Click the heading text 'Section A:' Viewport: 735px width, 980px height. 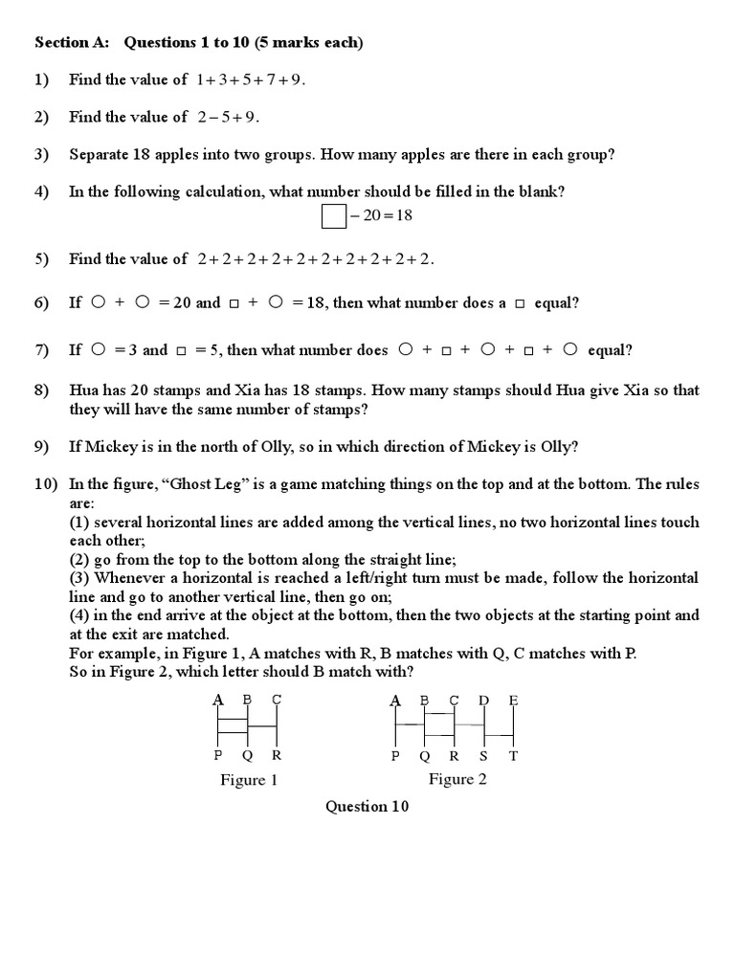pyautogui.click(x=73, y=42)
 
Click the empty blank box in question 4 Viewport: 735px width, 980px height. pyautogui.click(x=333, y=217)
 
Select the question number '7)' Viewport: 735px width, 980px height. pyautogui.click(x=42, y=350)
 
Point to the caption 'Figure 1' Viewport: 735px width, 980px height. pyautogui.click(x=249, y=780)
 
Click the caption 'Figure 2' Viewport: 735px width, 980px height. pyautogui.click(x=457, y=779)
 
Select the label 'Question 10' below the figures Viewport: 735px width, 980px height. pyautogui.click(x=367, y=807)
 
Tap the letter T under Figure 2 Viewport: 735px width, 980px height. pyautogui.click(x=513, y=755)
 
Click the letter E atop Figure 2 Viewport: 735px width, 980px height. pyautogui.click(x=513, y=701)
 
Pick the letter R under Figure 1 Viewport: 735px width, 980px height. pyautogui.click(x=278, y=755)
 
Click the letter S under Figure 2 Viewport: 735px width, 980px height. pyautogui.click(x=483, y=755)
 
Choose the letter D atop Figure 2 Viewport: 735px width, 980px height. pyautogui.click(x=483, y=701)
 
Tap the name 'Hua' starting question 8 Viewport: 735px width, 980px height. pyautogui.click(x=81, y=390)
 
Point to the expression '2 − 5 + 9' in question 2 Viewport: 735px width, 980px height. pyautogui.click(x=228, y=117)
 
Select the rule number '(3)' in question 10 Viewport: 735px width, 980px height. pyautogui.click(x=79, y=578)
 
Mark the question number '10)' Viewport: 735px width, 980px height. pyautogui.click(x=46, y=484)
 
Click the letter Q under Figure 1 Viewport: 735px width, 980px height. pyautogui.click(x=248, y=755)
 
